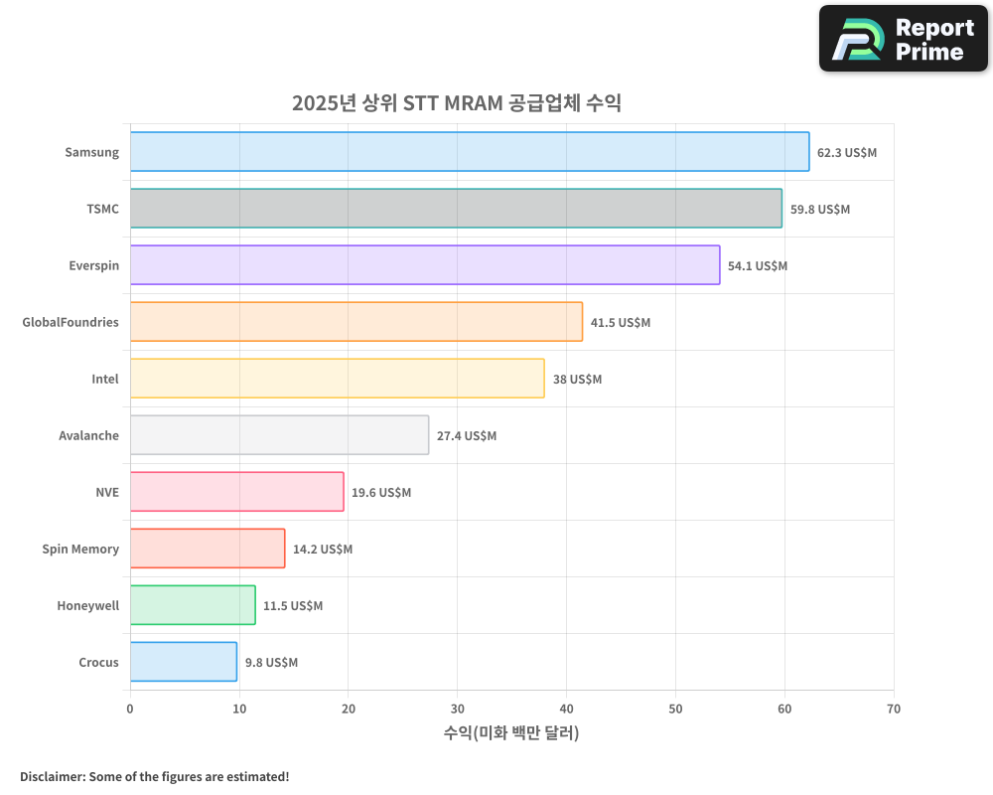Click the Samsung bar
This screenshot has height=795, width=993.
469,152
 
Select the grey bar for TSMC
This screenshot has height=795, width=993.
455,209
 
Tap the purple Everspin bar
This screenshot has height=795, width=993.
424,265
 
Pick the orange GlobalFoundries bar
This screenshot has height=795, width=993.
355,322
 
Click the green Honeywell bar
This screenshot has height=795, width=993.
192,605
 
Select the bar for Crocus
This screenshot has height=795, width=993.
183,662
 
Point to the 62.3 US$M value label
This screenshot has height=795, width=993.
847,153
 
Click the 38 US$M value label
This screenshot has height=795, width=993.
577,380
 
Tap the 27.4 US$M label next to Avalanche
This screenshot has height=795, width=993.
467,436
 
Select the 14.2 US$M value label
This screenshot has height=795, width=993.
323,550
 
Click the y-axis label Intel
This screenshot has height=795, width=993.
105,379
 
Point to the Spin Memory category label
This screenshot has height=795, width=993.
80,549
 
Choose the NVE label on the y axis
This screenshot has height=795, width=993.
107,492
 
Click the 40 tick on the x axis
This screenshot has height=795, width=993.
566,709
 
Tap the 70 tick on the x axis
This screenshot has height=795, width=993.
894,709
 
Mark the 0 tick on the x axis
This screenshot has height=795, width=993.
130,709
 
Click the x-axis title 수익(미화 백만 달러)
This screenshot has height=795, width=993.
511,733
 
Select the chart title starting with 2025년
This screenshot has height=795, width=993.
456,103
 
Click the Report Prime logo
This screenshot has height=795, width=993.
904,39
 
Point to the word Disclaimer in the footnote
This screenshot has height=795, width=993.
51,776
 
